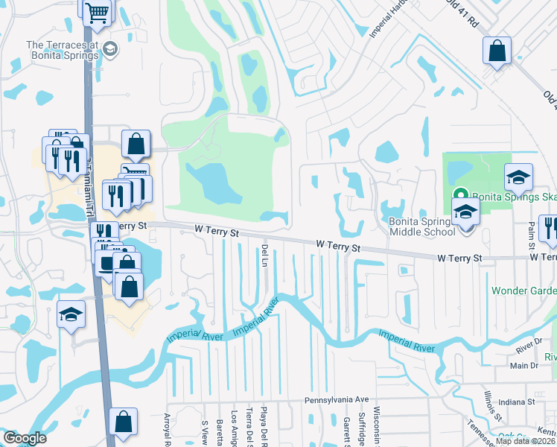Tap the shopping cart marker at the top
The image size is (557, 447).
click(97, 12)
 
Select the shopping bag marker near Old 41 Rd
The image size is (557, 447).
click(497, 52)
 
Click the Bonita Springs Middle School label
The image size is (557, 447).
click(421, 226)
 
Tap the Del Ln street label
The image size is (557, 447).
click(264, 256)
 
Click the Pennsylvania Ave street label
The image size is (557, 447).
click(336, 400)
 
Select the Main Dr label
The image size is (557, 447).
click(523, 365)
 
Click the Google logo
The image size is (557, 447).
click(24, 438)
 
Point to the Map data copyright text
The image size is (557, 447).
click(525, 441)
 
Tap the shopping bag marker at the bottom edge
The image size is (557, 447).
click(124, 422)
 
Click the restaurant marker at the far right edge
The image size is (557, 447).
click(550, 228)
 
